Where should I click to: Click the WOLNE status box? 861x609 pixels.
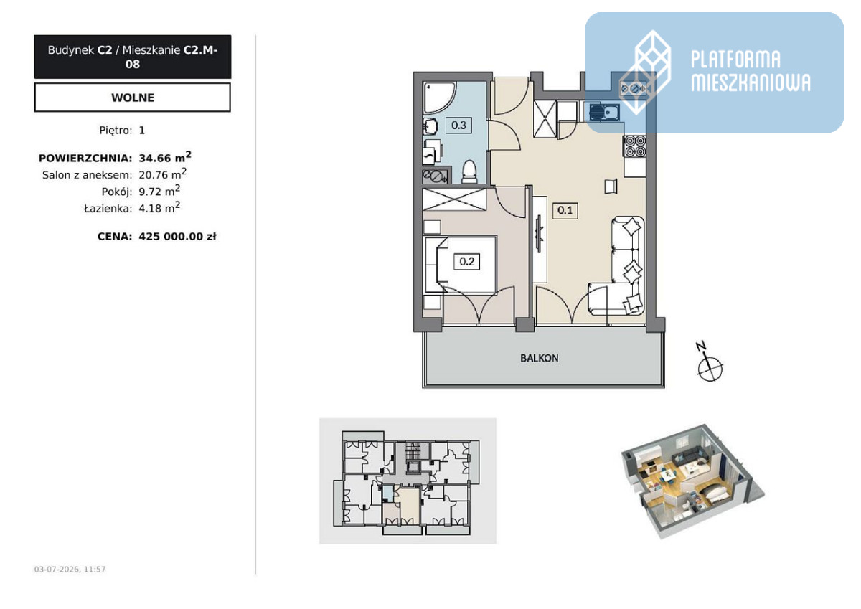(133, 98)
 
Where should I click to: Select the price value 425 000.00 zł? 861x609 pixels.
(178, 236)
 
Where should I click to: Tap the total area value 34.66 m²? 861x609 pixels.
(165, 157)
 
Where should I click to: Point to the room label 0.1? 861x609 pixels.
(565, 210)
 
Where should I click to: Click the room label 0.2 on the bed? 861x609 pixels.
(466, 262)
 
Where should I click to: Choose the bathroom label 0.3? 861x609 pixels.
(458, 125)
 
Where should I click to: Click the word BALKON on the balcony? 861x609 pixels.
(540, 358)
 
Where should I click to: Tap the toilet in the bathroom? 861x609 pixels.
(469, 171)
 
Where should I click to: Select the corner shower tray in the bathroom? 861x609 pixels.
(440, 98)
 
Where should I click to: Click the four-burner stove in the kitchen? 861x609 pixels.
(634, 146)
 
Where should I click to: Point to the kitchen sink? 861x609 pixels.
(604, 112)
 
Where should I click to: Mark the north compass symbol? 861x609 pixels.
(709, 363)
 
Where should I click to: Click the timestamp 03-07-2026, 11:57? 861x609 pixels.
(70, 569)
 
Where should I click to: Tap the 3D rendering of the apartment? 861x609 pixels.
(692, 481)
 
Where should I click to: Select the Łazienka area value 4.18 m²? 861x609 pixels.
(159, 207)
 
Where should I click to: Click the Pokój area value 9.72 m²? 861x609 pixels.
(159, 191)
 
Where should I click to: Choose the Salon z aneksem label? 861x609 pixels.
(88, 175)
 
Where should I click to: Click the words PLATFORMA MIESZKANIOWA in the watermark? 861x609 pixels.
(751, 71)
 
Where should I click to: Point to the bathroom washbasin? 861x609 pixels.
(430, 126)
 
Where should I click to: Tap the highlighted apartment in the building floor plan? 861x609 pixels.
(401, 504)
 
